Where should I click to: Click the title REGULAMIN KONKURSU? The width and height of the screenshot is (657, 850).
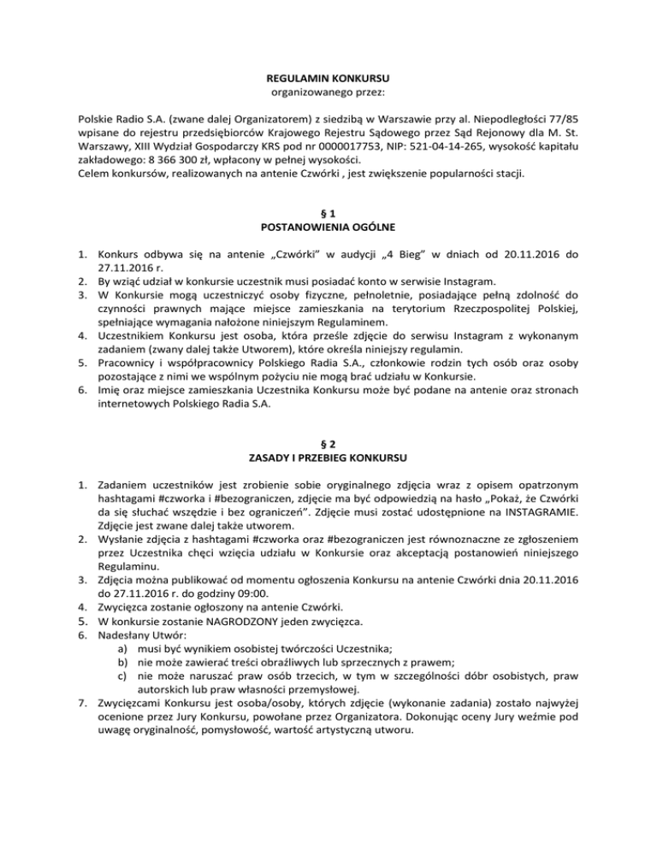(328, 78)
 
